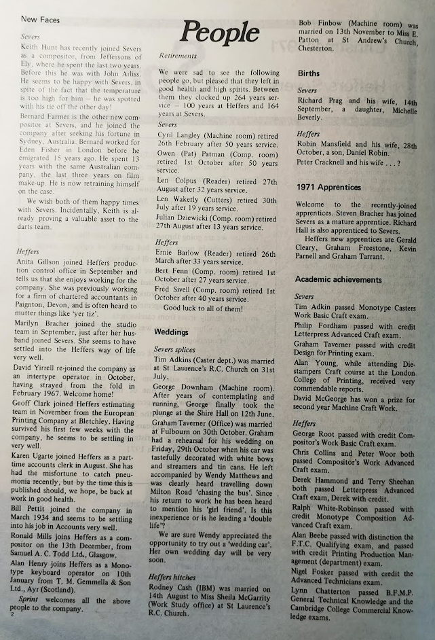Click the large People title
pos(219,32)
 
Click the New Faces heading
pos(42,20)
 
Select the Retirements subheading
pos(178,56)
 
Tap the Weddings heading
pos(171,332)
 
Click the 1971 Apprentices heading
pos(330,188)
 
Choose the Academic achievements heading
pos(338,279)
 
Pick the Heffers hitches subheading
pos(176,577)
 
